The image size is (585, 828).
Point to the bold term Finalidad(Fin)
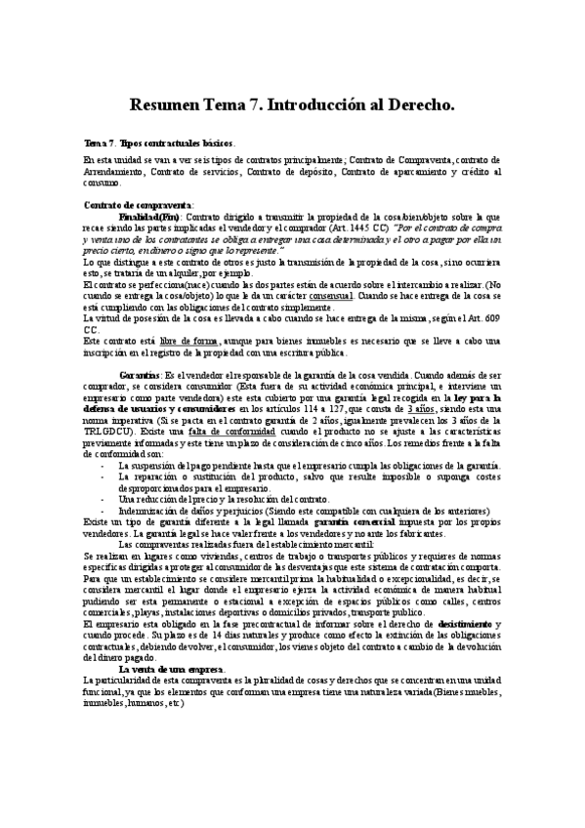[x=148, y=216]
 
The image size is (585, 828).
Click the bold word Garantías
[x=141, y=374]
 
